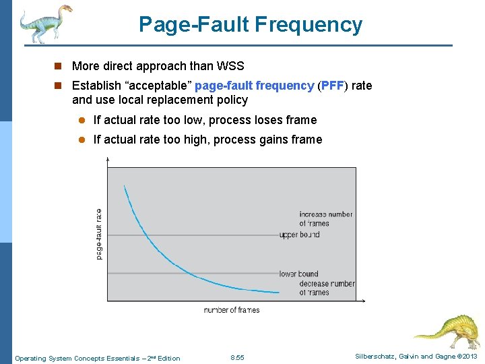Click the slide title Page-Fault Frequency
(250, 25)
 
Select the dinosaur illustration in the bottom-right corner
(446, 332)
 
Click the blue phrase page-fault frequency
(254, 86)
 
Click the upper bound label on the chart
(300, 235)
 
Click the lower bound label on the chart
(298, 274)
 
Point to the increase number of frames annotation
(325, 218)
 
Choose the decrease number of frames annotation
(327, 288)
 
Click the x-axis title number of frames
(231, 310)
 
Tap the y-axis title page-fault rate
(100, 233)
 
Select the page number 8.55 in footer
(237, 357)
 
